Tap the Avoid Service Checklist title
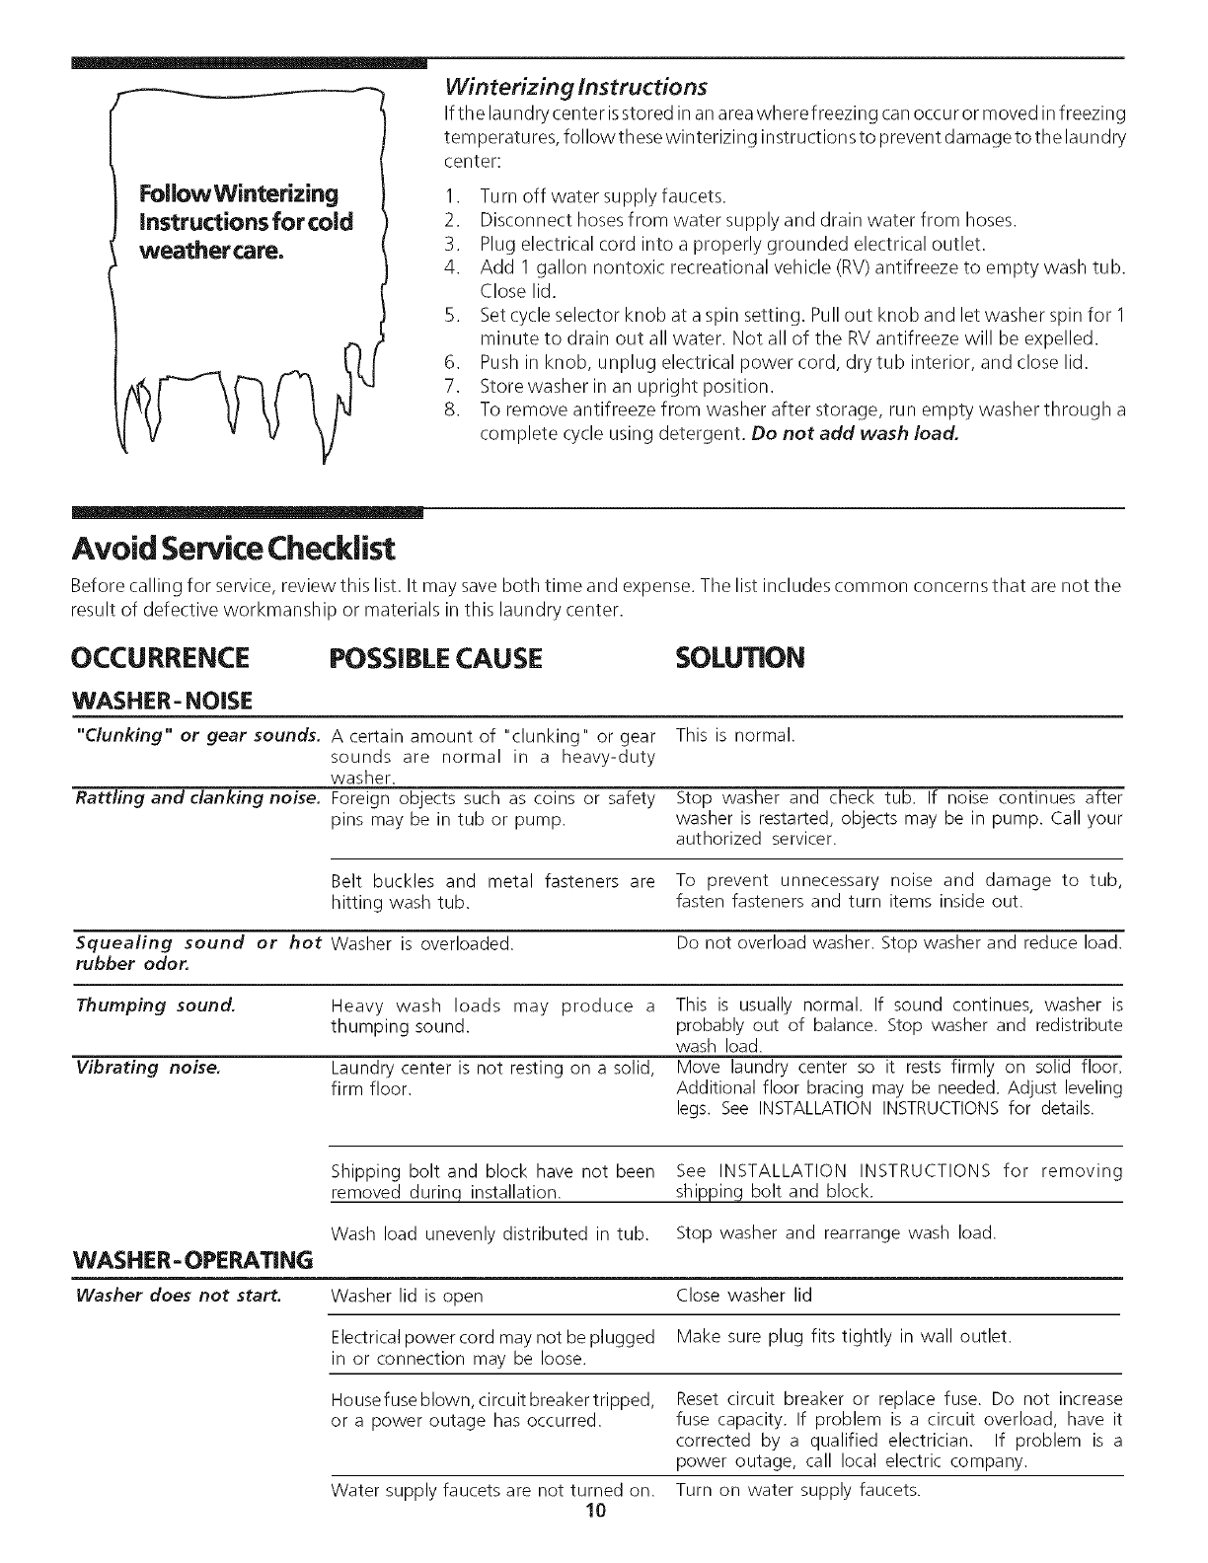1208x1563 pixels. [x=234, y=547]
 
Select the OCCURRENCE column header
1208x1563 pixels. [x=160, y=657]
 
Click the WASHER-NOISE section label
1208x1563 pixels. [x=163, y=701]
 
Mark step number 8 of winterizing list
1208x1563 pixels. [x=451, y=409]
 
